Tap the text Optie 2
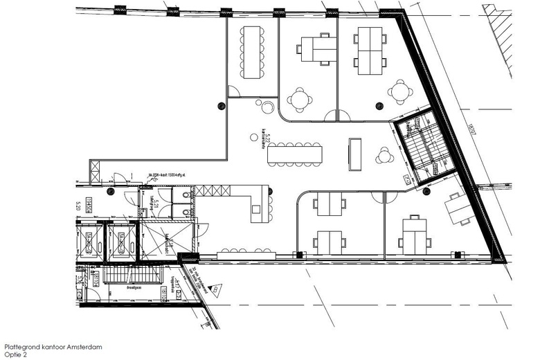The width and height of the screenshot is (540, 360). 16,354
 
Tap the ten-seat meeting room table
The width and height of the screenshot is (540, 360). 251,53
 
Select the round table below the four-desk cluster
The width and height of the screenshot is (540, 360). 399,91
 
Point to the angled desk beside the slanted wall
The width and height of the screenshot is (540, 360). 457,208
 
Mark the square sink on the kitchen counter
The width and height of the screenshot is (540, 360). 255,208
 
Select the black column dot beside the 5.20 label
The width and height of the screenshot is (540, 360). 111,191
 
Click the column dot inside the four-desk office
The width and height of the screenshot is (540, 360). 379,105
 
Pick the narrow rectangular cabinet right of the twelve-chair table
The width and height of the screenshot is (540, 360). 355,153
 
